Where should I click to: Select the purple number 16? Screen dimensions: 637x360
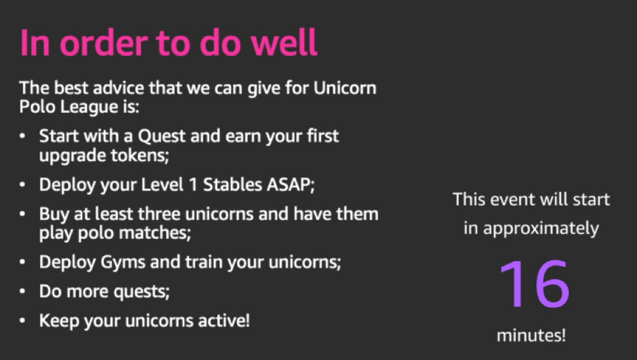point(534,284)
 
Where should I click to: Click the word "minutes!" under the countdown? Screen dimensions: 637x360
point(531,335)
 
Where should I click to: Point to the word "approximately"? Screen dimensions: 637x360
point(541,229)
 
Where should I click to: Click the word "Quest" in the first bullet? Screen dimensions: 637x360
point(162,136)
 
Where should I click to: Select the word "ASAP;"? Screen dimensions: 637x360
point(290,185)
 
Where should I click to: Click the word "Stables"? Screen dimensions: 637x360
point(233,185)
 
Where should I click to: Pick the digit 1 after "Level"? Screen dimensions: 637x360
point(193,185)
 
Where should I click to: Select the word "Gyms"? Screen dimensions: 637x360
point(123,263)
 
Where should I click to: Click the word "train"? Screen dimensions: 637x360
point(204,262)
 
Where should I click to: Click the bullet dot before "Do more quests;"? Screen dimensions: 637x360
point(22,291)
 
